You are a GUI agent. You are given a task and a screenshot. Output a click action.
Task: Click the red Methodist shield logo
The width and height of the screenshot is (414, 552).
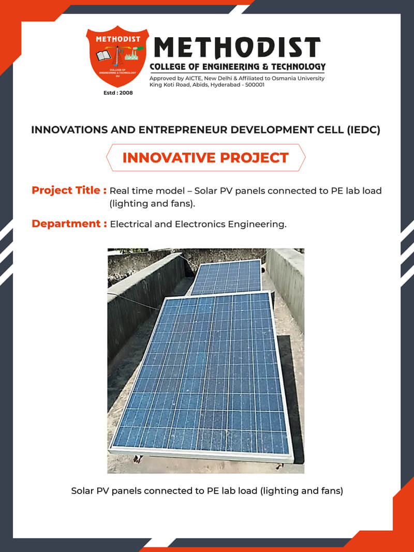coord(117,56)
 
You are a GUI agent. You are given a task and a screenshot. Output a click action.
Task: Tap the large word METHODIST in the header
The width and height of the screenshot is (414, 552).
coord(238,48)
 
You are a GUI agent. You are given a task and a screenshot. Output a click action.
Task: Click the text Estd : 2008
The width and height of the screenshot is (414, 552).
coord(118,93)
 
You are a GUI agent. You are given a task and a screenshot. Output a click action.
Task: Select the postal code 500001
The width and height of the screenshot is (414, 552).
coord(254,85)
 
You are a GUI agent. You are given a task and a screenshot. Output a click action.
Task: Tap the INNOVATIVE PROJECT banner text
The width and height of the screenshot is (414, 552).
coord(205,158)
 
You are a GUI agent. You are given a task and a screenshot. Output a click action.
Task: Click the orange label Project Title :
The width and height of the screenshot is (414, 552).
coord(69,190)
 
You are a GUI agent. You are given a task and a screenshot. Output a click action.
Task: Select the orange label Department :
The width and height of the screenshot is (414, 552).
coord(69,223)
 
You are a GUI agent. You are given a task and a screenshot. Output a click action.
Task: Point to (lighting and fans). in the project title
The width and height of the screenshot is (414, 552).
coord(152,204)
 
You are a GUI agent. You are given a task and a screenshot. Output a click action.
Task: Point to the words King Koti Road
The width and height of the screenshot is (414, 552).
coord(168,85)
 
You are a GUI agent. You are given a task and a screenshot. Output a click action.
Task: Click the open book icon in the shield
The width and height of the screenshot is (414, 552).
coord(103,56)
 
